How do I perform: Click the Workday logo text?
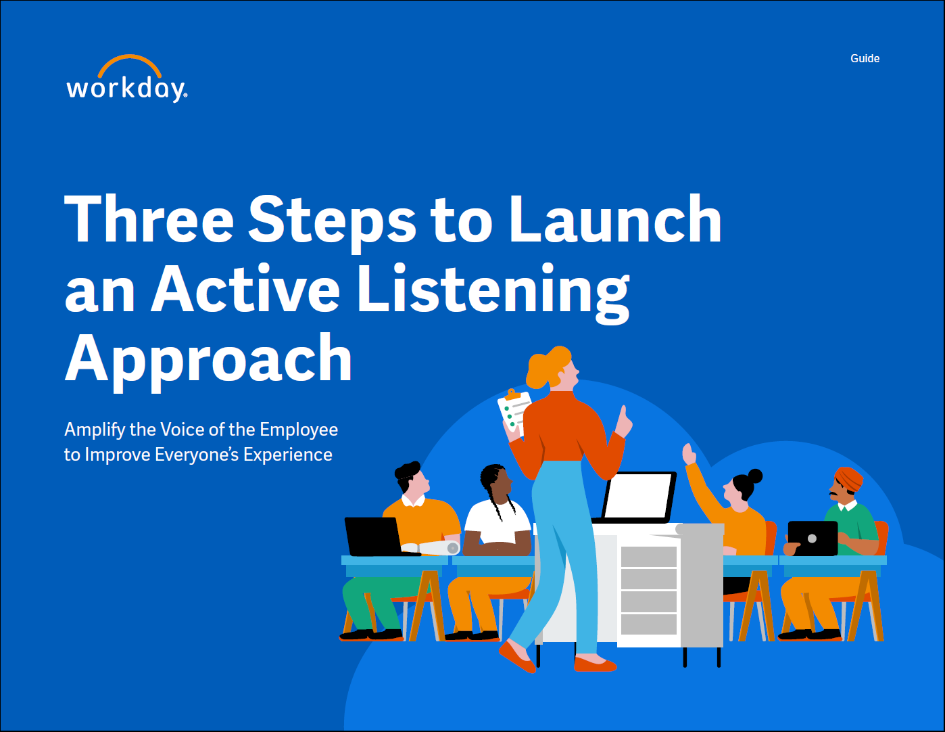(x=126, y=89)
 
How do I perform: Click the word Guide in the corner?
(x=865, y=58)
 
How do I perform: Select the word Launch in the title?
(x=615, y=219)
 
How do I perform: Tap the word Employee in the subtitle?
(x=299, y=430)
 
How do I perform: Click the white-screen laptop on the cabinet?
(x=637, y=497)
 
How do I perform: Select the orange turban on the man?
(x=848, y=479)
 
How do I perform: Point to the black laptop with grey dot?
(x=813, y=539)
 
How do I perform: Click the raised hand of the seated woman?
(x=688, y=454)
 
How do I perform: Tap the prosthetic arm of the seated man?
(x=431, y=548)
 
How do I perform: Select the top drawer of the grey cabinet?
(x=648, y=556)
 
